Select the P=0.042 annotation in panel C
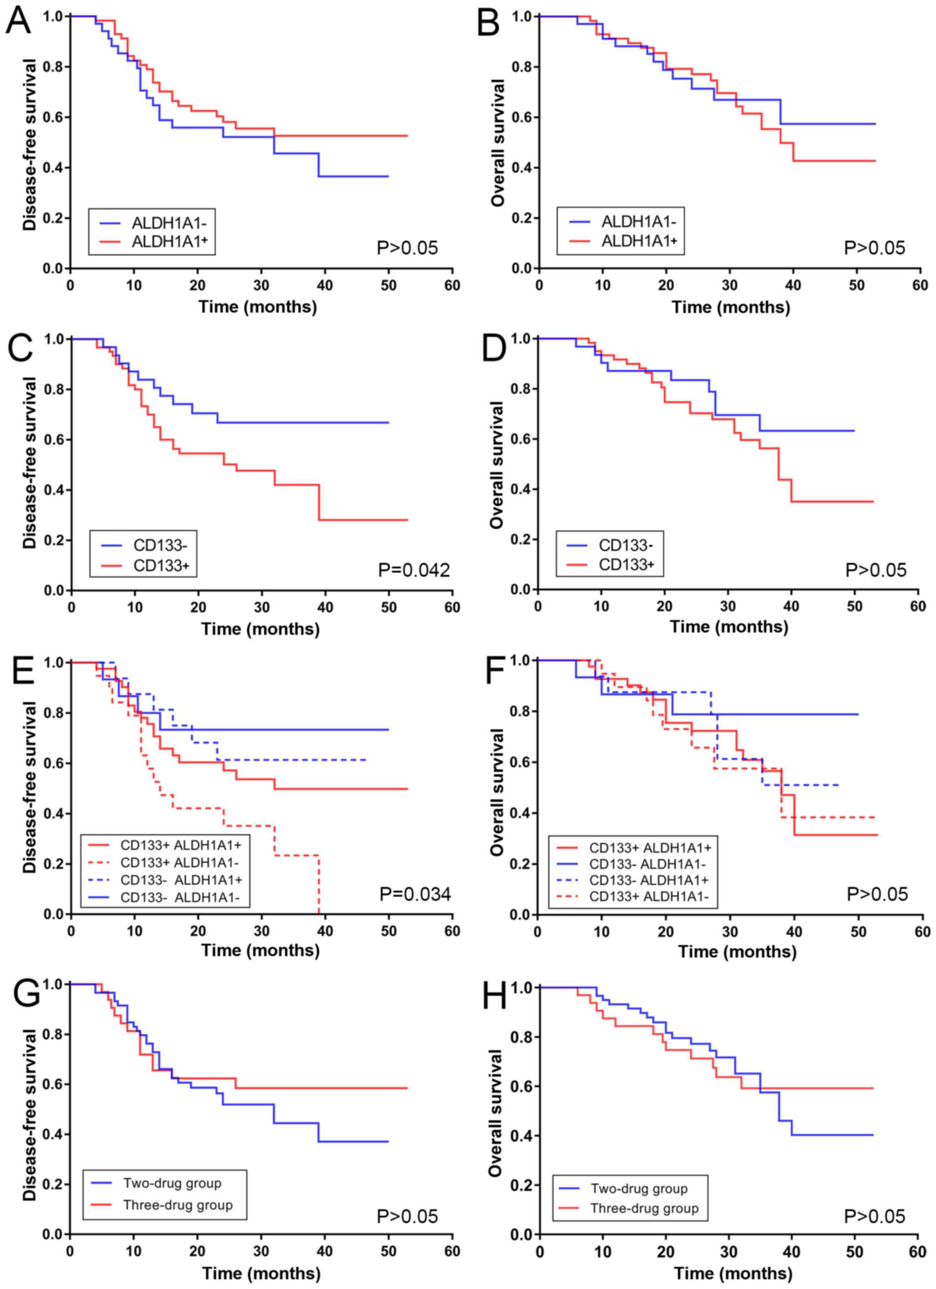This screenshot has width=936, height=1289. point(414,569)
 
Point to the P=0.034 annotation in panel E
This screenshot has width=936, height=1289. point(415,894)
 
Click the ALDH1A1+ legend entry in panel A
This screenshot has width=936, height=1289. point(169,242)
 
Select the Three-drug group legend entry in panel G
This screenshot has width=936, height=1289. point(178,1205)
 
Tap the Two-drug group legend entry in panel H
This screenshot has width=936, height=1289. point(639,1188)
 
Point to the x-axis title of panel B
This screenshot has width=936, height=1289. point(730,307)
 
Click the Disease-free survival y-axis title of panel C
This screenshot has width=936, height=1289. point(29,463)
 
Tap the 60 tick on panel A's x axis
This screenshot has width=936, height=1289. point(453,285)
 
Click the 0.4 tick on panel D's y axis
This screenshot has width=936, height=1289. point(521,489)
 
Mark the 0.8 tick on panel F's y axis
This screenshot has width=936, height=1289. point(521,711)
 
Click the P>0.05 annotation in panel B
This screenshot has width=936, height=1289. point(874,248)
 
